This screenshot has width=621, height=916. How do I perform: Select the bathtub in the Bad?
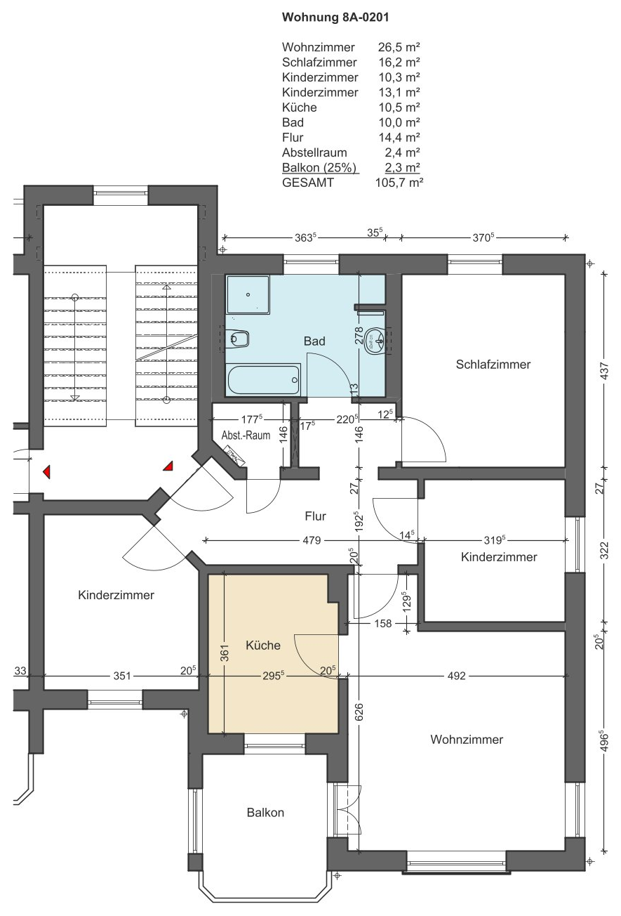[264, 380]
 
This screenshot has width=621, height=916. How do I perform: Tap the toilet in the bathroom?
[237, 338]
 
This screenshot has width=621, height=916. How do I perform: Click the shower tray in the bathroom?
[248, 295]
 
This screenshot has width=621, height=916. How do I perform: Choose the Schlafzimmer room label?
[493, 365]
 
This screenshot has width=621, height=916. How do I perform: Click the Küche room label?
[263, 646]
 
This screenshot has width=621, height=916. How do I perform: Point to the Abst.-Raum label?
[246, 435]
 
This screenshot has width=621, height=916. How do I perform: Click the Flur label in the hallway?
[315, 516]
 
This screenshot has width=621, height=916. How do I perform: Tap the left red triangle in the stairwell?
[47, 471]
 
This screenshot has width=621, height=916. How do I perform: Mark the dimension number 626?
[359, 711]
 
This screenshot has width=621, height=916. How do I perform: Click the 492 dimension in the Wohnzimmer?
[456, 676]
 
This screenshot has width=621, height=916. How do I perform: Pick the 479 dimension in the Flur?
[312, 540]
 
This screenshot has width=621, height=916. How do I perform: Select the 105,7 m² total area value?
[399, 183]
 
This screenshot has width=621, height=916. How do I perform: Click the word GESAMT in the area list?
[308, 183]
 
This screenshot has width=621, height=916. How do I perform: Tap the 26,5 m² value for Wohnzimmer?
[399, 47]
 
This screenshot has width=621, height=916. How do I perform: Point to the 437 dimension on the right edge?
[605, 370]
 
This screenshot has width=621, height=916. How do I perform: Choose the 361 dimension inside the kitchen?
[225, 653]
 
